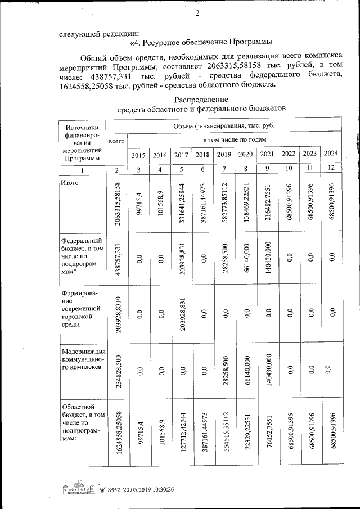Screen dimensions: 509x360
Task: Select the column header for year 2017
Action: (181, 155)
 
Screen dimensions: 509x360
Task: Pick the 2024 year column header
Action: (331, 154)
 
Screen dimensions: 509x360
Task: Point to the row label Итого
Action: (71, 183)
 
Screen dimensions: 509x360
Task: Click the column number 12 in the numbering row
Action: (331, 169)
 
